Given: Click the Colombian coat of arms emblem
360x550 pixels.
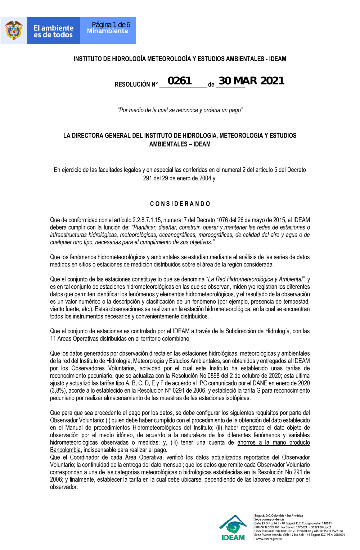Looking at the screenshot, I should (14, 31).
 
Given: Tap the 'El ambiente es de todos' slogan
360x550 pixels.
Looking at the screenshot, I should (53, 31).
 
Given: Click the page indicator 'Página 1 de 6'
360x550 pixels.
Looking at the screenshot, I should (111, 24).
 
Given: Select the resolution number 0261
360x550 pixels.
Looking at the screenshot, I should (180, 81).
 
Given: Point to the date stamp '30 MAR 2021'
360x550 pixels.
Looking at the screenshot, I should (251, 81).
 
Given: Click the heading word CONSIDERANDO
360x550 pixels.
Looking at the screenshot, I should (180, 204).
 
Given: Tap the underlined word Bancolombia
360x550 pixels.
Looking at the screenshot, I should (65, 450).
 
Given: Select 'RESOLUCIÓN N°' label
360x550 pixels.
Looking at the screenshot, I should (136, 84).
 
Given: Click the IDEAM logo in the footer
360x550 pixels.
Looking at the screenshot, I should (233, 528).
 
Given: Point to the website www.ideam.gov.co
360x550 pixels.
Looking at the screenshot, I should (269, 539).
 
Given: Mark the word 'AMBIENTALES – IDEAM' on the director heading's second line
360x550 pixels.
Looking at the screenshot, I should (180, 144).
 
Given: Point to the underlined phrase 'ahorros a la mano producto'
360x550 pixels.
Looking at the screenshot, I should (274, 442).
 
